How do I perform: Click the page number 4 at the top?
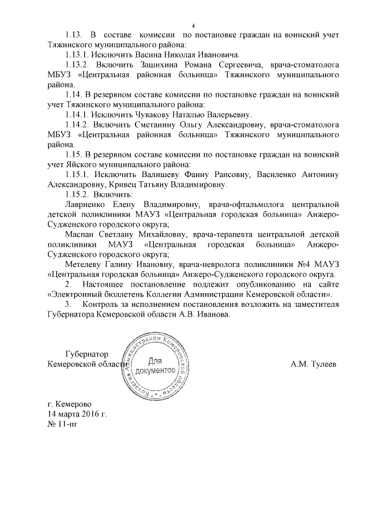click(194, 25)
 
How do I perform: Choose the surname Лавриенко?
click(87, 204)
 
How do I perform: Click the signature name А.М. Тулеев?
click(314, 364)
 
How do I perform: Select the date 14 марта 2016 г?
click(78, 414)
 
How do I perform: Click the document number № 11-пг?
click(61, 425)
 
